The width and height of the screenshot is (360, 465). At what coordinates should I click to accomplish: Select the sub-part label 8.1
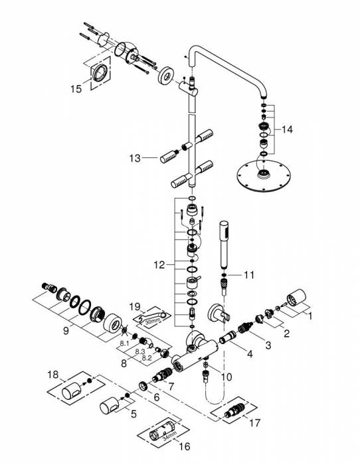(124, 343)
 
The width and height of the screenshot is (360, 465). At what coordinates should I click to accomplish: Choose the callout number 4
(249, 353)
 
